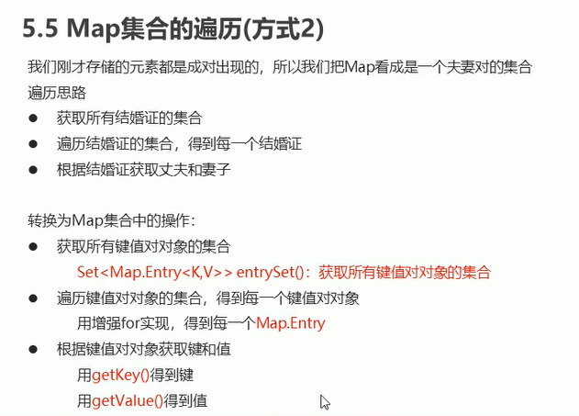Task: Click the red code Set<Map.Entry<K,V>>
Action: point(154,272)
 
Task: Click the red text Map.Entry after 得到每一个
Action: point(291,323)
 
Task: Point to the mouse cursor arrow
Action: point(324,400)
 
